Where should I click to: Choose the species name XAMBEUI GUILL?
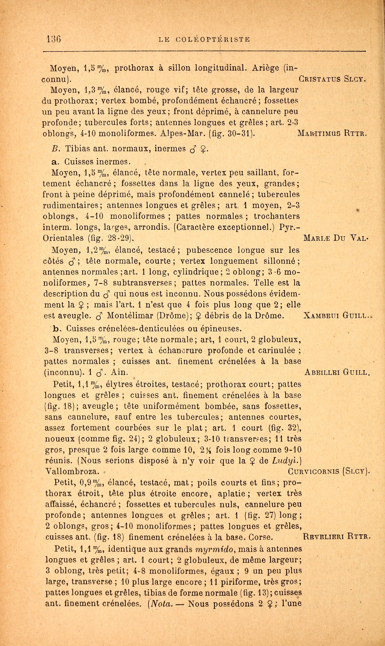[336, 316]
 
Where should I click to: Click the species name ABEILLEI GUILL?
[336, 373]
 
